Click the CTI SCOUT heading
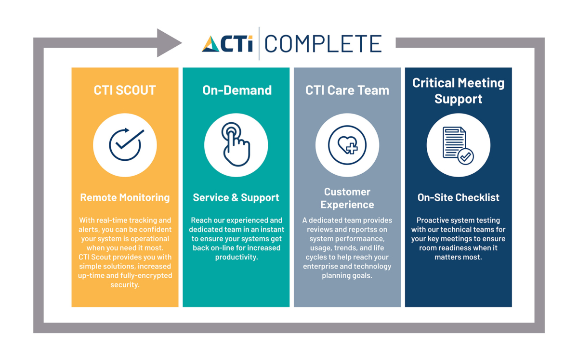(x=125, y=90)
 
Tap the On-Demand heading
(x=236, y=90)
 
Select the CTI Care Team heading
(x=347, y=90)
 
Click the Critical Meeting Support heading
(x=458, y=90)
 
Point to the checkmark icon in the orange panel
(x=125, y=144)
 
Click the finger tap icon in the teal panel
(x=236, y=144)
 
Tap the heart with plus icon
(x=347, y=145)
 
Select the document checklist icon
(x=458, y=145)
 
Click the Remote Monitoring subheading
(x=125, y=197)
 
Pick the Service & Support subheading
(x=236, y=197)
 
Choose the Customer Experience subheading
(x=347, y=198)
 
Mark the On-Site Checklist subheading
(x=458, y=197)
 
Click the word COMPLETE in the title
(x=323, y=44)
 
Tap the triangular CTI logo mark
(x=211, y=44)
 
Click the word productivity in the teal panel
(x=236, y=257)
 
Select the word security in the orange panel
(x=125, y=284)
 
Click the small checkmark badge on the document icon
(x=465, y=156)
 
